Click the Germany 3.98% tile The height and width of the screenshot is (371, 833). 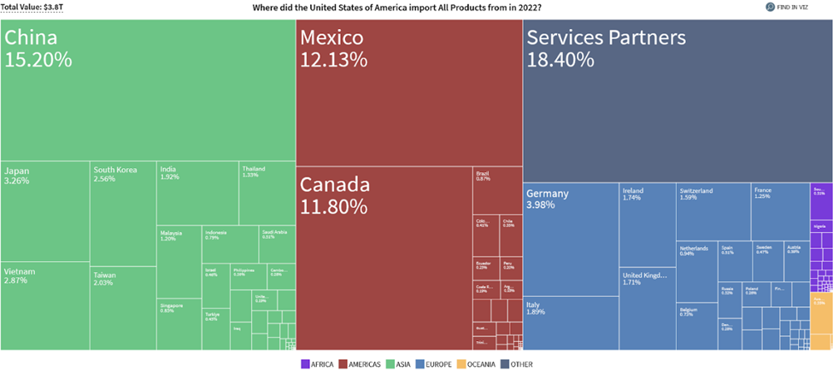click(x=570, y=239)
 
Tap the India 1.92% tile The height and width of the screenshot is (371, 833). click(x=197, y=193)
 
